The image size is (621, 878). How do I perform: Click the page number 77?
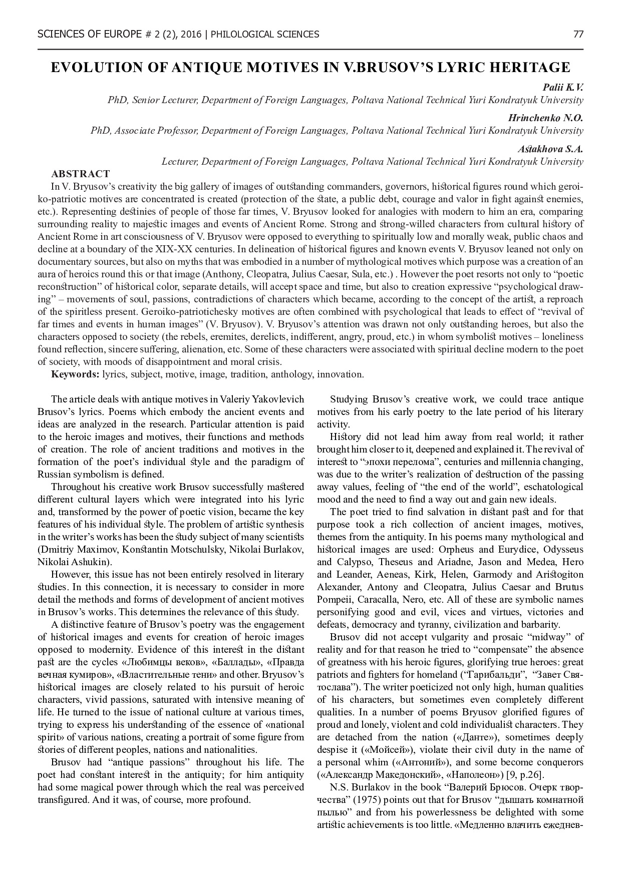tap(578, 35)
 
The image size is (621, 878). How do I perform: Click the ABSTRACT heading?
tap(80, 174)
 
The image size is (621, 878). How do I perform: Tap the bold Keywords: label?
tap(75, 374)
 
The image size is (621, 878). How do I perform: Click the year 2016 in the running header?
tap(192, 35)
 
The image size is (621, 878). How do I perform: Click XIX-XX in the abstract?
tap(178, 249)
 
